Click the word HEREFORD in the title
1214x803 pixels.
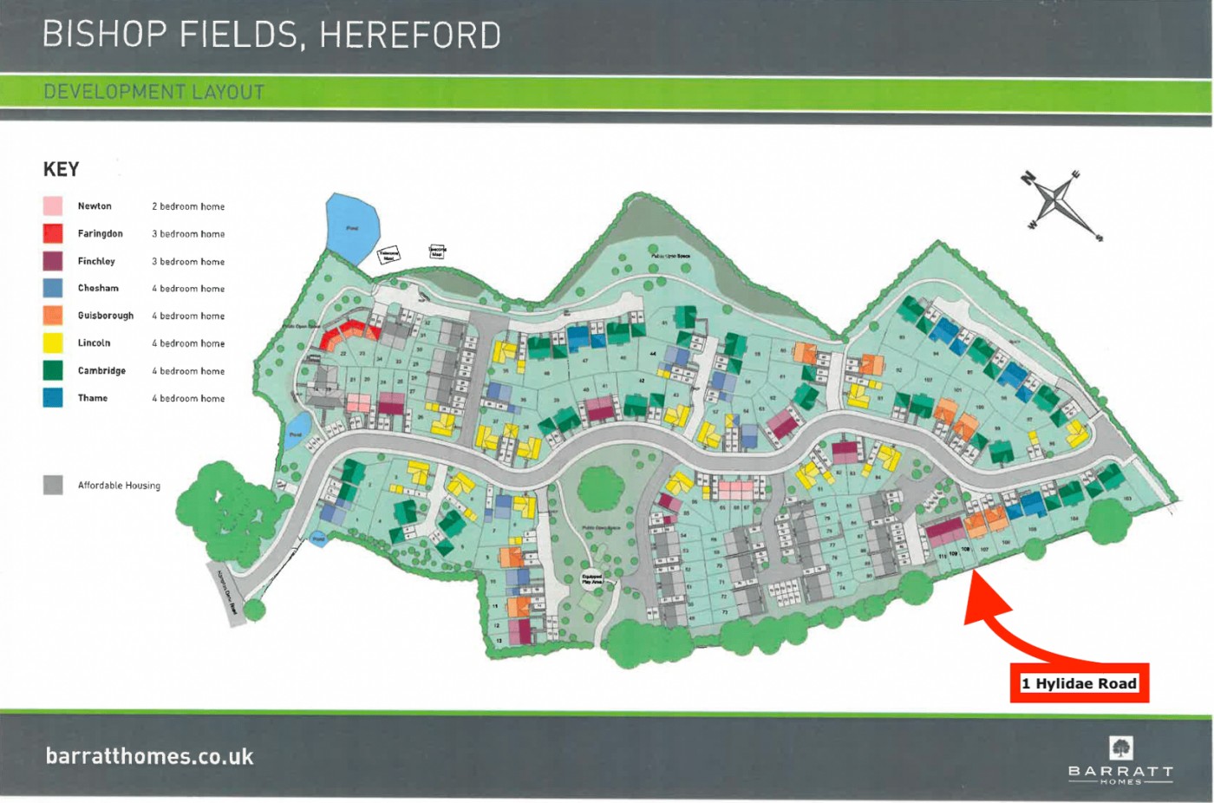tap(410, 35)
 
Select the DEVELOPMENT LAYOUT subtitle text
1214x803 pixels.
tap(153, 92)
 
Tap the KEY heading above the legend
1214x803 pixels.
tap(61, 169)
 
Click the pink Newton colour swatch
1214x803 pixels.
tap(53, 206)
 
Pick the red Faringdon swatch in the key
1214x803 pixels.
tap(53, 233)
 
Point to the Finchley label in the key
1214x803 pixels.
tap(96, 261)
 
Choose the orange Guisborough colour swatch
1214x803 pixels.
tap(53, 316)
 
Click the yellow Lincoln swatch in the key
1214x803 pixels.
tap(53, 343)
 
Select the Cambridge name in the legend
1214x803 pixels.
tap(101, 370)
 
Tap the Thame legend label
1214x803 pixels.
tap(93, 398)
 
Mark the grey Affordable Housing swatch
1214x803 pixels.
tap(53, 485)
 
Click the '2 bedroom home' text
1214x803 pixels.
tap(188, 206)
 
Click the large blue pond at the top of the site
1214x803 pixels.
tap(350, 228)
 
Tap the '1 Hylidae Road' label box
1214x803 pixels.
tap(1079, 683)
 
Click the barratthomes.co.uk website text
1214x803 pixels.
tap(149, 756)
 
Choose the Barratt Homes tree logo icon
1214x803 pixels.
tap(1120, 748)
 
